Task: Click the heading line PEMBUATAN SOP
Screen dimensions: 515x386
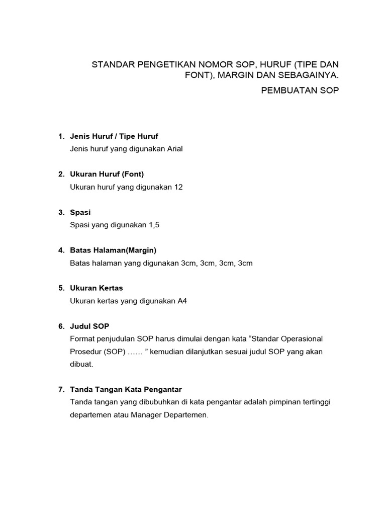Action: (301, 91)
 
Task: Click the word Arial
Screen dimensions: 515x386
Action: (173, 149)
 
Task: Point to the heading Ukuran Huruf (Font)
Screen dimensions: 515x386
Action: (107, 175)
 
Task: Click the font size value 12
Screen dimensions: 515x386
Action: (178, 187)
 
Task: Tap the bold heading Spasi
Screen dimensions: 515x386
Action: (80, 213)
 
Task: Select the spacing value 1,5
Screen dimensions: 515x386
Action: (153, 225)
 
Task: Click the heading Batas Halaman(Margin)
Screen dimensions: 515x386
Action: (113, 250)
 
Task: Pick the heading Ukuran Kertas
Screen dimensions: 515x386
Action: (96, 288)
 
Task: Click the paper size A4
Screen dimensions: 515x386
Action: (182, 301)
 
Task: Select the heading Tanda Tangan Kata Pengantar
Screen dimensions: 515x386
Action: (126, 390)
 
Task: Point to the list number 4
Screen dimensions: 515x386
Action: (61, 250)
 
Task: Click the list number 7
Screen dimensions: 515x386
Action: (61, 390)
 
